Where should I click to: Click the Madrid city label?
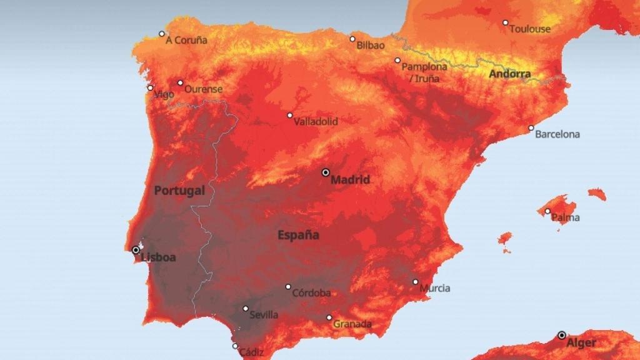350,180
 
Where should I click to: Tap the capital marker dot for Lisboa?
136,250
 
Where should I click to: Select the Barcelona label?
557,134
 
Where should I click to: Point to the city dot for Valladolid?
289,115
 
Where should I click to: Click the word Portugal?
179,191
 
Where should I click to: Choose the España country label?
298,235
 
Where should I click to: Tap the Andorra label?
509,74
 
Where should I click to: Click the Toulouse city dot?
506,22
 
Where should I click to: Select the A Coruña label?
186,40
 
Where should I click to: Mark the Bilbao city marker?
352,39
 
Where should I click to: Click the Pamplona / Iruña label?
424,72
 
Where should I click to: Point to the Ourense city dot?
180,82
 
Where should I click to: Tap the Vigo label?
164,94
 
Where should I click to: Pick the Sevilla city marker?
246,308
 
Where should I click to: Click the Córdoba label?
312,292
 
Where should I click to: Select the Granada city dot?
329,317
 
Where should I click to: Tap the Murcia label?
434,288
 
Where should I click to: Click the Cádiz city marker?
235,346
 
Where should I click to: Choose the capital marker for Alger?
562,335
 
